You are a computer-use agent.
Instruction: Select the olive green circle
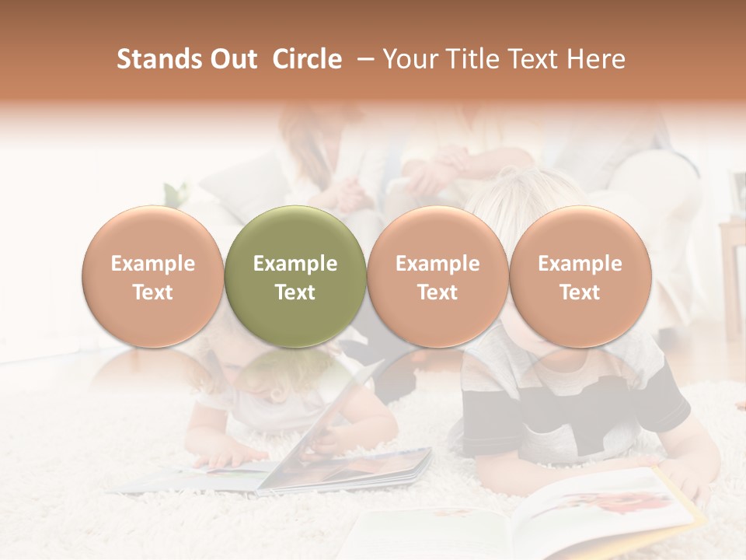[x=295, y=233]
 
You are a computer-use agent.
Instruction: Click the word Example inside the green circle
[x=295, y=264]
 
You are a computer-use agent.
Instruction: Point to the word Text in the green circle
[x=295, y=292]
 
